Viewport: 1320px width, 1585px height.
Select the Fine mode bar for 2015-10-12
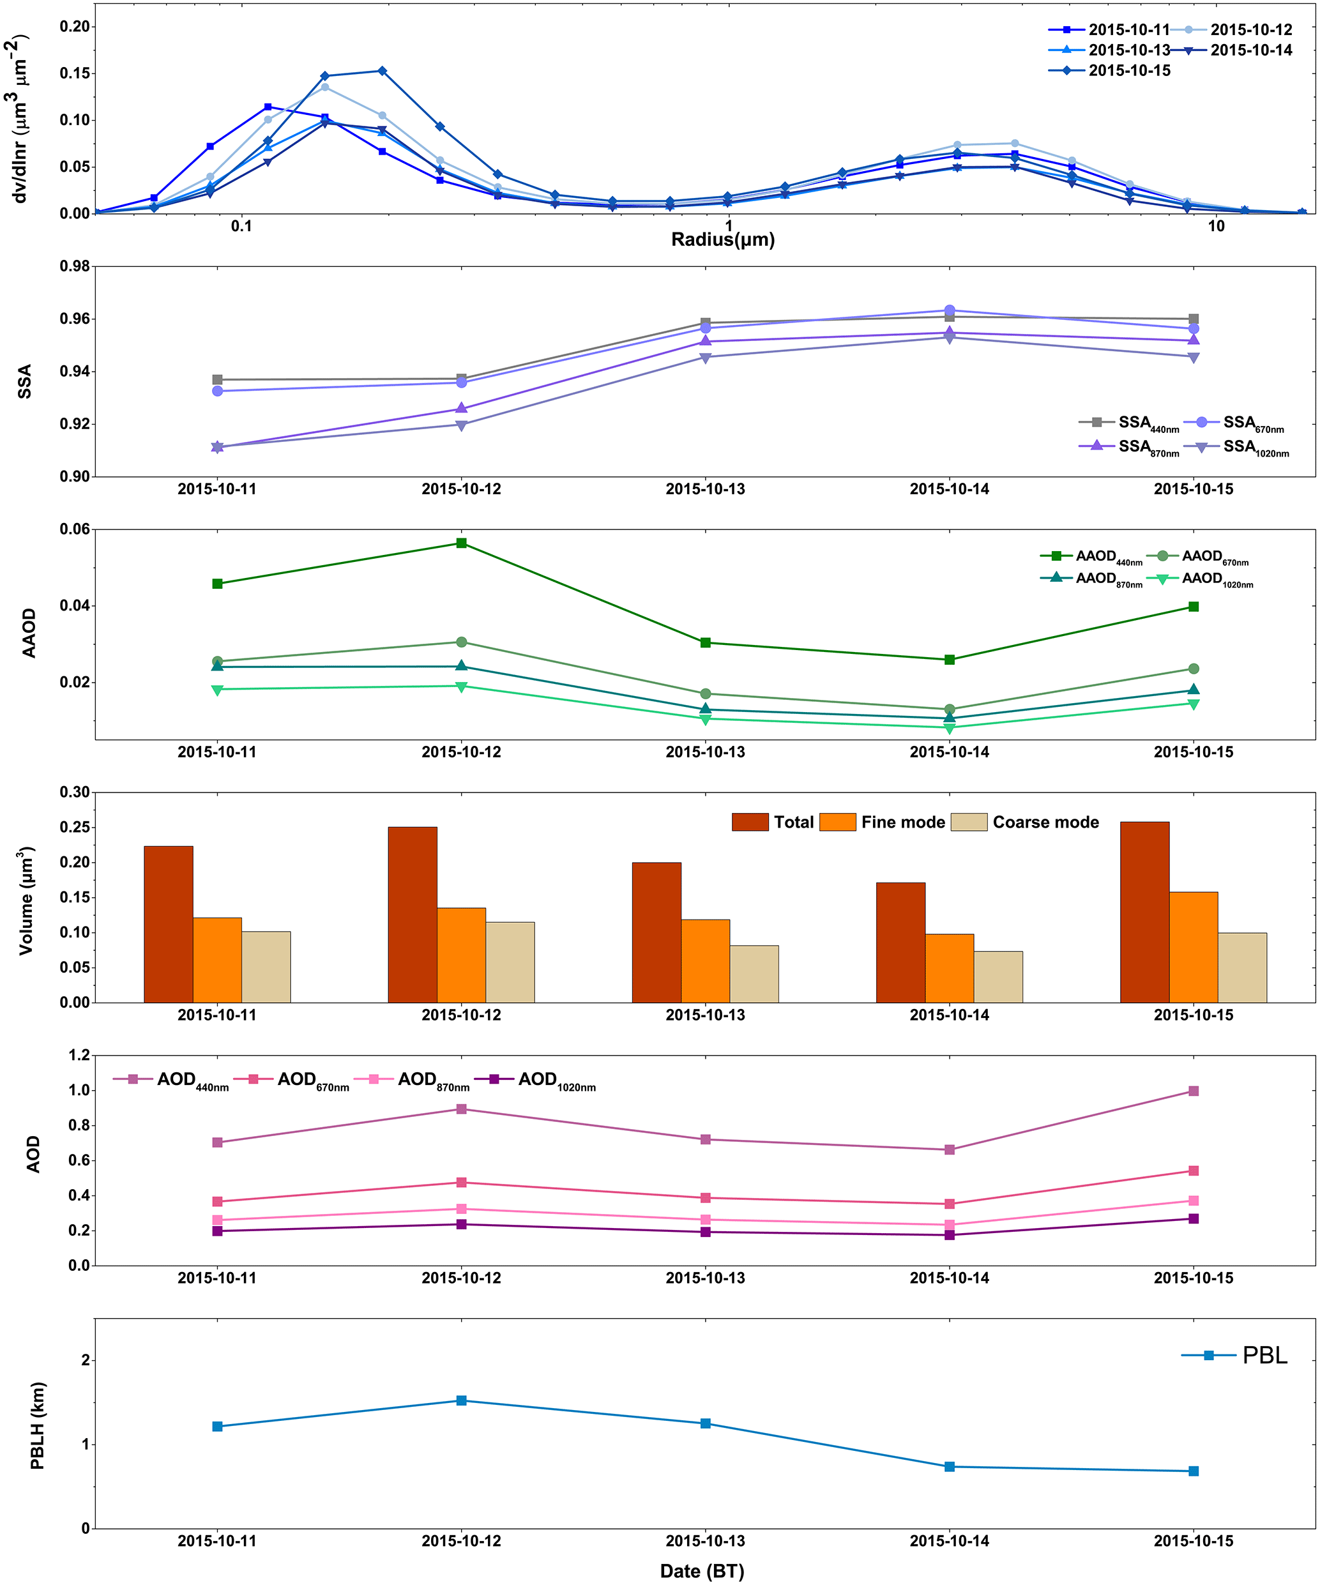pos(461,955)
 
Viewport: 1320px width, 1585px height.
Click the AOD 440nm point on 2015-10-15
pos(1193,1091)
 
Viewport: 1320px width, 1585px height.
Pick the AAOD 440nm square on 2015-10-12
pos(461,543)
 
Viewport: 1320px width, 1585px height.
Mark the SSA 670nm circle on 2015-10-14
pos(950,310)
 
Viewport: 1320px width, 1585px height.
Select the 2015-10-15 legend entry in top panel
pos(1109,70)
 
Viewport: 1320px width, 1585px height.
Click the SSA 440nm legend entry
pos(1129,423)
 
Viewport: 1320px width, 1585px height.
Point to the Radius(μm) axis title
pos(723,240)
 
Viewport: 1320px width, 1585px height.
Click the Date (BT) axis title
pos(702,1571)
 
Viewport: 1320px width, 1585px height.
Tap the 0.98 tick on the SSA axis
pos(75,266)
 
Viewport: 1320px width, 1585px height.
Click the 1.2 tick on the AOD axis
pos(79,1055)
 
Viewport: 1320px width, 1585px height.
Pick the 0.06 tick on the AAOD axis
pos(75,529)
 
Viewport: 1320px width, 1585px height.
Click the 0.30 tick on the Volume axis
pos(75,792)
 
